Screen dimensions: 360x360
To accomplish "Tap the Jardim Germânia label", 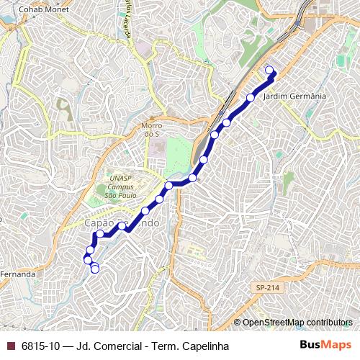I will point(296,96).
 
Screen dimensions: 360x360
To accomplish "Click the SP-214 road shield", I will point(266,287).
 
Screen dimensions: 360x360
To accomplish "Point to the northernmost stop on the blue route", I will point(270,70).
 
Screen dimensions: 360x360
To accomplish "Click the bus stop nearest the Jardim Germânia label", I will point(251,97).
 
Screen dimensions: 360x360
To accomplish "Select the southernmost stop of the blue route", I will point(95,269).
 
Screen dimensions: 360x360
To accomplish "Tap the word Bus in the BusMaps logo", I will point(312,346).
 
